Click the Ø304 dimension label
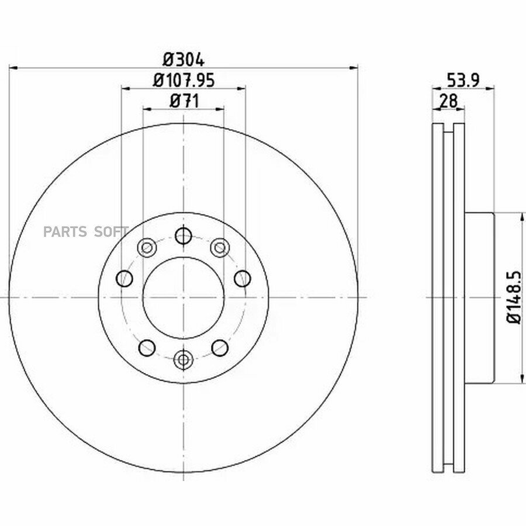pyautogui.click(x=184, y=60)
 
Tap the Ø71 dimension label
pyautogui.click(x=184, y=101)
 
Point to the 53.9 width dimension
pyautogui.click(x=463, y=80)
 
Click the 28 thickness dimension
pyautogui.click(x=448, y=101)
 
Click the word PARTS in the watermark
pyautogui.click(x=65, y=232)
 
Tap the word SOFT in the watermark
pyautogui.click(x=111, y=232)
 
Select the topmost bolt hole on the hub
pyautogui.click(x=184, y=236)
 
